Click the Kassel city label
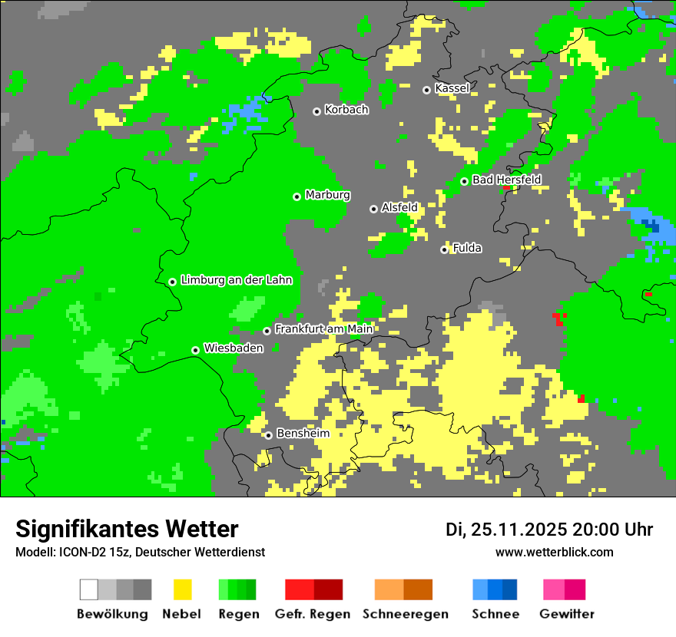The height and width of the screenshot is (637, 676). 452,88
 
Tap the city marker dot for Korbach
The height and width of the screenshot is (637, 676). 316,111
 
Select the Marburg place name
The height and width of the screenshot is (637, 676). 327,195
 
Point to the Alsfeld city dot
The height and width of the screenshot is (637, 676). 374,209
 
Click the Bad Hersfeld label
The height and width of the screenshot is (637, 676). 506,180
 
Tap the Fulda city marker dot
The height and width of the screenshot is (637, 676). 445,249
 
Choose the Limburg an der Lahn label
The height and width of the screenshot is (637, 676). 236,280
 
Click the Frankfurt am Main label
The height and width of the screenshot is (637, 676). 323,329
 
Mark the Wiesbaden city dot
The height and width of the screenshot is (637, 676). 196,350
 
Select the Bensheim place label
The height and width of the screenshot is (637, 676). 303,434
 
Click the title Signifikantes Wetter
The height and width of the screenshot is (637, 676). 127,529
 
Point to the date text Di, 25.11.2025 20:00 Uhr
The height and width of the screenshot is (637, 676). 549,530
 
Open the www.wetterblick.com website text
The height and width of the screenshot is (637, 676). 554,552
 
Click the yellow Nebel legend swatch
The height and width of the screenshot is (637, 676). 182,589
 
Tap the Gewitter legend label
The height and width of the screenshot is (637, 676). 567,614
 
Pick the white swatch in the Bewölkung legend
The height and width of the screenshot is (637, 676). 89,589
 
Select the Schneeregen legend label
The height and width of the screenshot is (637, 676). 406,614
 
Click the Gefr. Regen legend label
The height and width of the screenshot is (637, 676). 313,614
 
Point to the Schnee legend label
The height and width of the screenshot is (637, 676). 495,614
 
